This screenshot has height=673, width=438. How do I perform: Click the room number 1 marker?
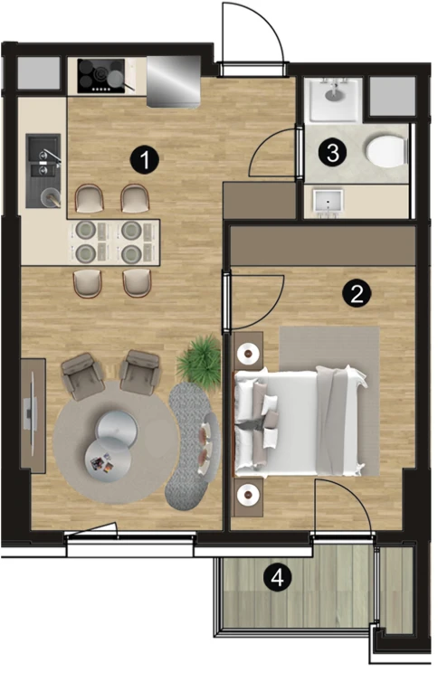tap(145, 160)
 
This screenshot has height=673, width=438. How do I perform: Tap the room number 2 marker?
tap(357, 294)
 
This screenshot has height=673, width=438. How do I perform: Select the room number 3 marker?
tap(333, 153)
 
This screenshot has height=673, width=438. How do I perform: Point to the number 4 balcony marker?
tap(278, 577)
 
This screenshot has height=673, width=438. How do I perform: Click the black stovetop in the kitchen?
tap(101, 76)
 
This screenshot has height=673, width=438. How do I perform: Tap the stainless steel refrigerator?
tap(174, 81)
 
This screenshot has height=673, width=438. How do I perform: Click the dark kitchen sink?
tap(43, 171)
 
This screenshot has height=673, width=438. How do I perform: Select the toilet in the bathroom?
tap(386, 151)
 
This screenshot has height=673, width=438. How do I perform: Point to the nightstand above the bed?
tap(248, 351)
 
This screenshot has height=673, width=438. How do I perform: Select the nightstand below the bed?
tap(248, 497)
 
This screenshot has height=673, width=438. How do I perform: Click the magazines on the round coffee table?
tap(103, 464)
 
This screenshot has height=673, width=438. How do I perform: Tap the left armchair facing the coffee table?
tap(83, 375)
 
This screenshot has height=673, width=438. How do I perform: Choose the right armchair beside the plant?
tap(140, 372)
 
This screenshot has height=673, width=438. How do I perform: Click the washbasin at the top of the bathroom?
tap(334, 99)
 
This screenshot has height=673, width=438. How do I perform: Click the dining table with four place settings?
tap(114, 242)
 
